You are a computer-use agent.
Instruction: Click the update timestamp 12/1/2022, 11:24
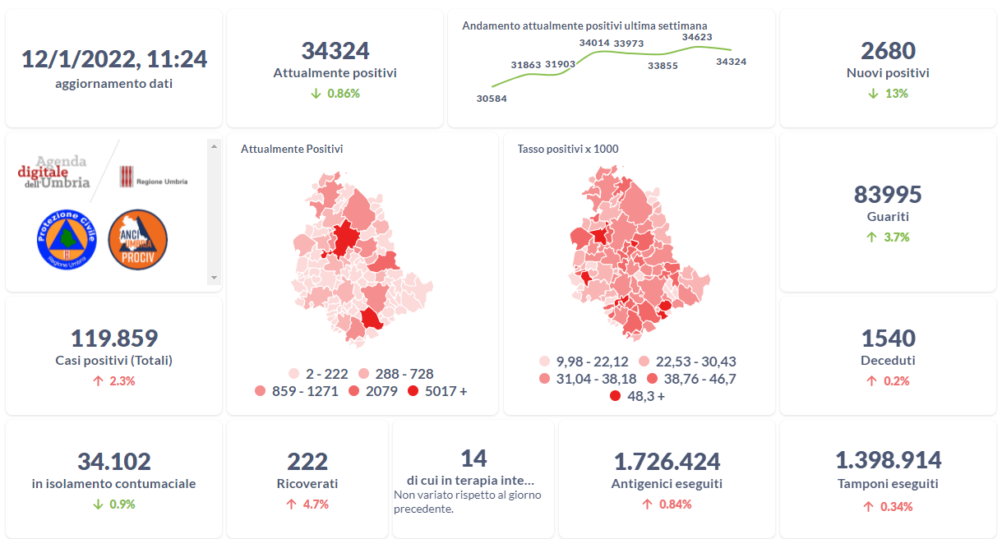[x=114, y=59]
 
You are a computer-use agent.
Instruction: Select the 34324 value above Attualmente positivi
[x=335, y=51]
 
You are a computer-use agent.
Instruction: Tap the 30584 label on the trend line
[x=492, y=99]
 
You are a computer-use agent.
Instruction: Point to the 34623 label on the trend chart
[x=697, y=37]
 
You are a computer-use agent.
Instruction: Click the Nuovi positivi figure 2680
[x=888, y=51]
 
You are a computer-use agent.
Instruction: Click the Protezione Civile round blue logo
[x=67, y=238]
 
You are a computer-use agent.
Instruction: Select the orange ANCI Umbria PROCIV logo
[x=138, y=238]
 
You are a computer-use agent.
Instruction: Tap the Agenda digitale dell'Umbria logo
[x=54, y=173]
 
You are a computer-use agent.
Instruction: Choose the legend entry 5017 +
[x=437, y=391]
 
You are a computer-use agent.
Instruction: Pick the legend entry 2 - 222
[x=318, y=374]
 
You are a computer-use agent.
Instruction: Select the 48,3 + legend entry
[x=637, y=396]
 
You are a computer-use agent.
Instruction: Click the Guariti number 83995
[x=888, y=195]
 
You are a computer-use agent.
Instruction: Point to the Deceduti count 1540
[x=888, y=338]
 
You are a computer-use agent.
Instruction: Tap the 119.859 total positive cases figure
[x=114, y=338]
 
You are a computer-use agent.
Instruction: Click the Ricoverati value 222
[x=307, y=462]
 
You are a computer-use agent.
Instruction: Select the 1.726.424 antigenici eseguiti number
[x=667, y=462]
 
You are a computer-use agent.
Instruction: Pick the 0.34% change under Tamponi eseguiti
[x=888, y=507]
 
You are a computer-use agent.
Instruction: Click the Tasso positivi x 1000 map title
[x=568, y=149]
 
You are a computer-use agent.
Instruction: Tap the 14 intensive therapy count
[x=473, y=458]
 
